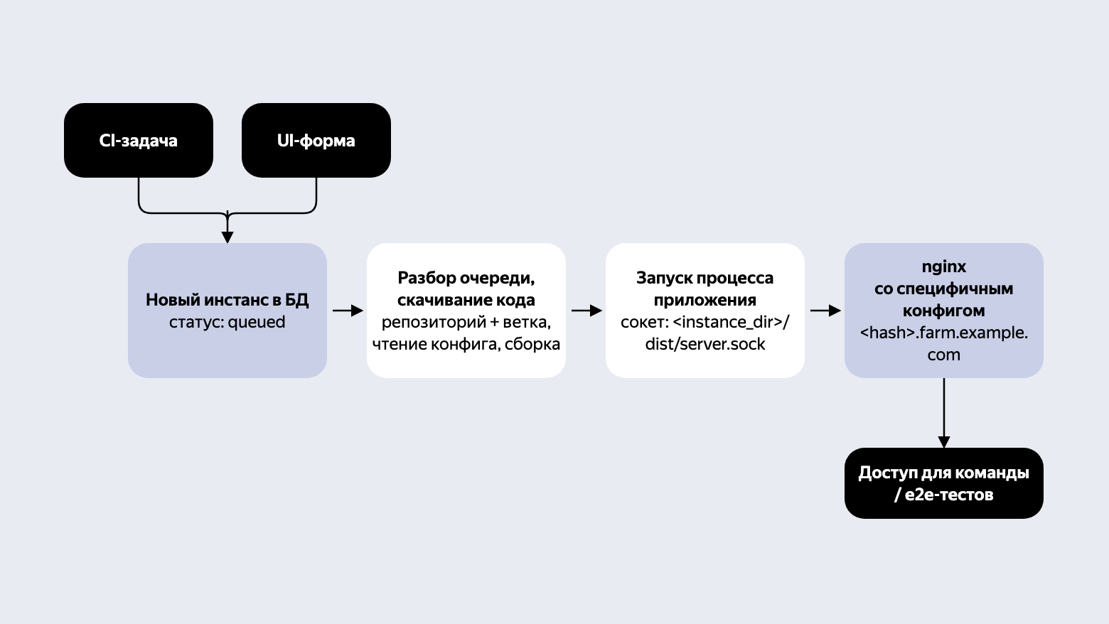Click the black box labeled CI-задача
139,140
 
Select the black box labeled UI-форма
316,140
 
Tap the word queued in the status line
257,323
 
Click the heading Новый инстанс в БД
227,300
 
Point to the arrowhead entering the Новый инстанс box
227,237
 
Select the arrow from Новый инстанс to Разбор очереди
348,311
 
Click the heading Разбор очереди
466,278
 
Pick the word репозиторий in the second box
434,323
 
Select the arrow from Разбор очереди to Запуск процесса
586,311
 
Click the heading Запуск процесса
705,278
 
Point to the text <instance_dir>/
732,322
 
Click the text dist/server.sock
705,344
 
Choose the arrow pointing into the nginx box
826,311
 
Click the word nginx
943,267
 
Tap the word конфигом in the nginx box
943,311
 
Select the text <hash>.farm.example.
943,333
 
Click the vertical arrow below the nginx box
944,413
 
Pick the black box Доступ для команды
944,483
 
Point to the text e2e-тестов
949,495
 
